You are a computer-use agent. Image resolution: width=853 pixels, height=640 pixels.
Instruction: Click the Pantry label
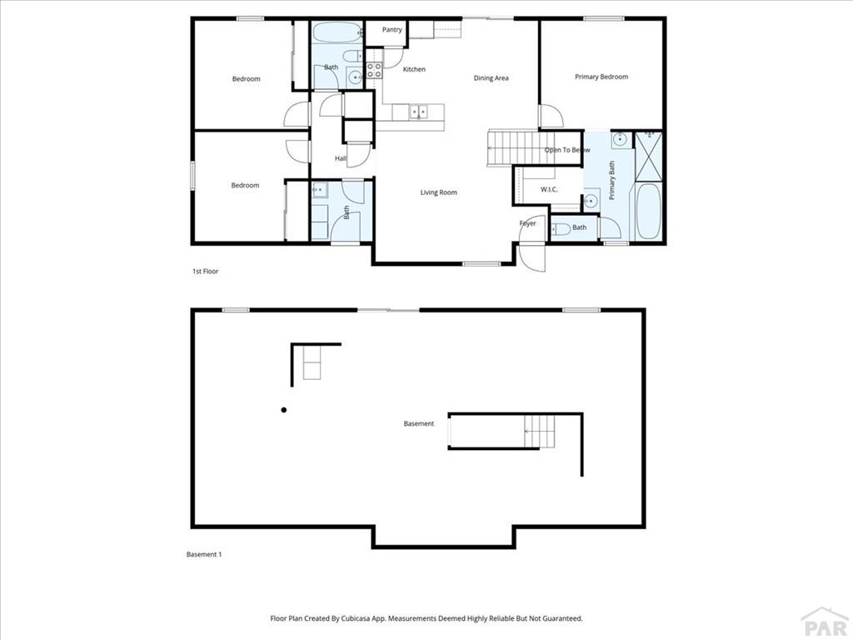(392, 30)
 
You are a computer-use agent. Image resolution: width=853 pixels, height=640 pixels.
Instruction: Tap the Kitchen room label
(414, 70)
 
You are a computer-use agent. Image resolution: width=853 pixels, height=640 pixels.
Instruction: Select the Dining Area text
(491, 78)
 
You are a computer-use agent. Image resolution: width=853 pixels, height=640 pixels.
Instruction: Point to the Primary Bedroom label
(601, 77)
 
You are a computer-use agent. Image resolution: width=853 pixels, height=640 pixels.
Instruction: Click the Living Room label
(438, 192)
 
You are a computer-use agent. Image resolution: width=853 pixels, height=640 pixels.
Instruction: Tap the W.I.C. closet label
(549, 189)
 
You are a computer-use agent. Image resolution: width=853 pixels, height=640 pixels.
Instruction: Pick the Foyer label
(528, 223)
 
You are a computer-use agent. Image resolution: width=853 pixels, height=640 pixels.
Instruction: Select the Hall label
(341, 158)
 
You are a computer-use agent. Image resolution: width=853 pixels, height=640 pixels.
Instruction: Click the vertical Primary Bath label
(611, 180)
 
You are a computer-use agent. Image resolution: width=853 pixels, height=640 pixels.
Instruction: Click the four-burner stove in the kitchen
(374, 70)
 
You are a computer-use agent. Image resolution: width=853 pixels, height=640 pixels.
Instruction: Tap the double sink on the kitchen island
(417, 110)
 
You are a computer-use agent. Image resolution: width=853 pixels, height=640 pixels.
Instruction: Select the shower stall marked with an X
(649, 155)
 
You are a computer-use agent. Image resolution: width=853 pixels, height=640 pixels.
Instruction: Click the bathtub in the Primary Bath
(648, 211)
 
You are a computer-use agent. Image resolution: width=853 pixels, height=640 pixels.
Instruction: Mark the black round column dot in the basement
(284, 410)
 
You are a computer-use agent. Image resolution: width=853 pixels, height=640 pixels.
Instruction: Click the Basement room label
(419, 424)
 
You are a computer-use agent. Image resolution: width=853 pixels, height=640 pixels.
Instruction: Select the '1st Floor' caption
(205, 272)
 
